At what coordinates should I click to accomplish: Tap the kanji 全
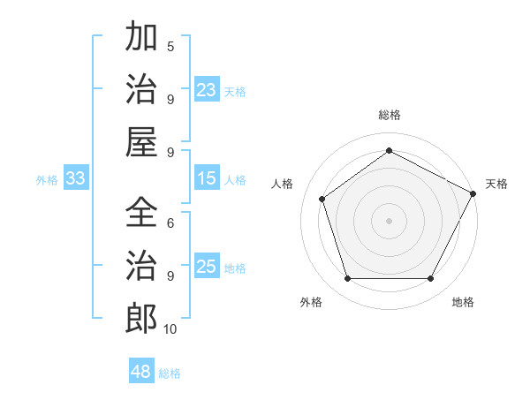coord(141,212)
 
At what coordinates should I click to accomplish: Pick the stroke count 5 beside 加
coord(170,47)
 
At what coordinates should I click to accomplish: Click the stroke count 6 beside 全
coord(170,223)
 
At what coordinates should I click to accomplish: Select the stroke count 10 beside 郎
coord(170,329)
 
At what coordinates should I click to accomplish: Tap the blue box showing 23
coord(207,90)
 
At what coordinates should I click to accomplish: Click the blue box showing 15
coord(207,178)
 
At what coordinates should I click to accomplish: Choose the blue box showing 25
coord(207,268)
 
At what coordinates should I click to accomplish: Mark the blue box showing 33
coord(76,178)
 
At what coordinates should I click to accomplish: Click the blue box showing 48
coord(141,372)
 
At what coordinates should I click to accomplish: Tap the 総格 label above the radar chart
coord(390,115)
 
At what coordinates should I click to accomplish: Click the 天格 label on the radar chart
coord(496,184)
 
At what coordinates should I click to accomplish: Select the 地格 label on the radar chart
coord(463,302)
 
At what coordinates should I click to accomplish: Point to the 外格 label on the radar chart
coord(311,302)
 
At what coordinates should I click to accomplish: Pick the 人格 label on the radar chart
coord(283,184)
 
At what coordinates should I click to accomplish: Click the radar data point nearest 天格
coord(473,192)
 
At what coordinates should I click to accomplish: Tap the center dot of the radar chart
coord(389,220)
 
